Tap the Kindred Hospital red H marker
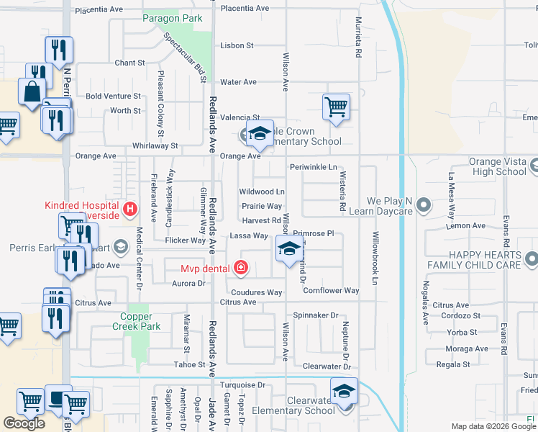pos(130,210)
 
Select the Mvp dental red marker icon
pos(241,269)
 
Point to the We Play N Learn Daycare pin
pos(423,205)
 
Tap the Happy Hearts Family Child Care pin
pos(531,258)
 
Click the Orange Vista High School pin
pos(534,167)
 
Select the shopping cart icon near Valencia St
pos(336,107)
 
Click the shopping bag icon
pos(33,92)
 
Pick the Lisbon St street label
pos(237,45)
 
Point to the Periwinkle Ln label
pos(313,167)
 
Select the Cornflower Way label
pos(331,291)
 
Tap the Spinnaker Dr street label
pos(316,315)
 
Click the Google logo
pos(24,423)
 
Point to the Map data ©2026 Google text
pos(493,426)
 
